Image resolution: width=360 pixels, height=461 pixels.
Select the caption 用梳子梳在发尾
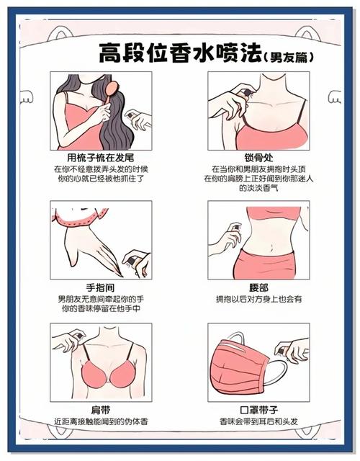[101, 157]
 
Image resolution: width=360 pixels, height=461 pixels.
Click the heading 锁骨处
[257, 157]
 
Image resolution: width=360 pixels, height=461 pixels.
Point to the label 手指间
[101, 287]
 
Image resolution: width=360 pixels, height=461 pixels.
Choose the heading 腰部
[257, 287]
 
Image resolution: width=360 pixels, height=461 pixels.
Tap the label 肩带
[101, 409]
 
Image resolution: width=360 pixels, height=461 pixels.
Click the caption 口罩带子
[257, 409]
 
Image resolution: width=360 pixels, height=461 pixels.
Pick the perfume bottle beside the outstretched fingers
[134, 257]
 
